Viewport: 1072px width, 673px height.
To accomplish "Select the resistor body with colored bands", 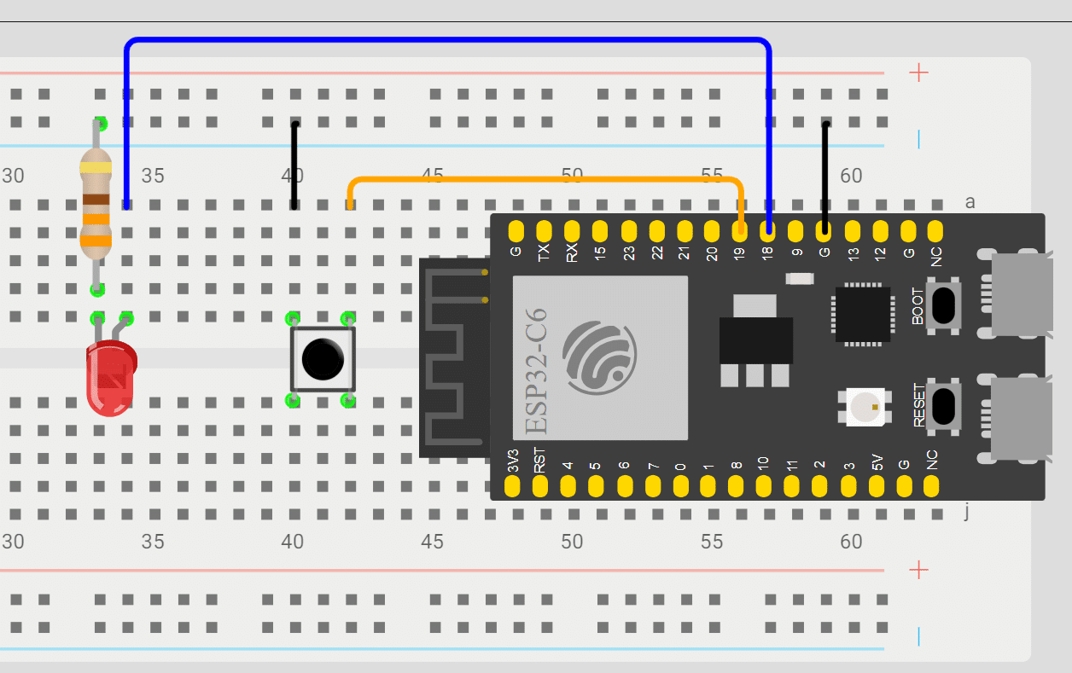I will [x=96, y=203].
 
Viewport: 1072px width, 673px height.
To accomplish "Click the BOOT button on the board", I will [x=943, y=305].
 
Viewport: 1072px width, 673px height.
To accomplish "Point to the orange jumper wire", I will [x=546, y=179].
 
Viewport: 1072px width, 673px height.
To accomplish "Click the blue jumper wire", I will [x=444, y=40].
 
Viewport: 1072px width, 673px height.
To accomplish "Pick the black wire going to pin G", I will [x=824, y=175].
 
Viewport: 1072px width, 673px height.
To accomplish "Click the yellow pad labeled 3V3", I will [x=512, y=486].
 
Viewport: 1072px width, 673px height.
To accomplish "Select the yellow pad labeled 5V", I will [x=877, y=486].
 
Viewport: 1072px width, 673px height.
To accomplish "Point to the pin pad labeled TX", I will [x=544, y=230].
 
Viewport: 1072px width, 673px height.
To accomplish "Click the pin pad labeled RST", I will [x=539, y=486].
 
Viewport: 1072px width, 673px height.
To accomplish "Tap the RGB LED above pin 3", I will [x=866, y=407].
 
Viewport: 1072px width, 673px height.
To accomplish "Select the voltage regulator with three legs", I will [x=754, y=339].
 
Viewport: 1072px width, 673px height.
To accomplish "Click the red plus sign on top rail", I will [x=918, y=73].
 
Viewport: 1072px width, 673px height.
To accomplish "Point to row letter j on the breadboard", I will [x=967, y=512].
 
